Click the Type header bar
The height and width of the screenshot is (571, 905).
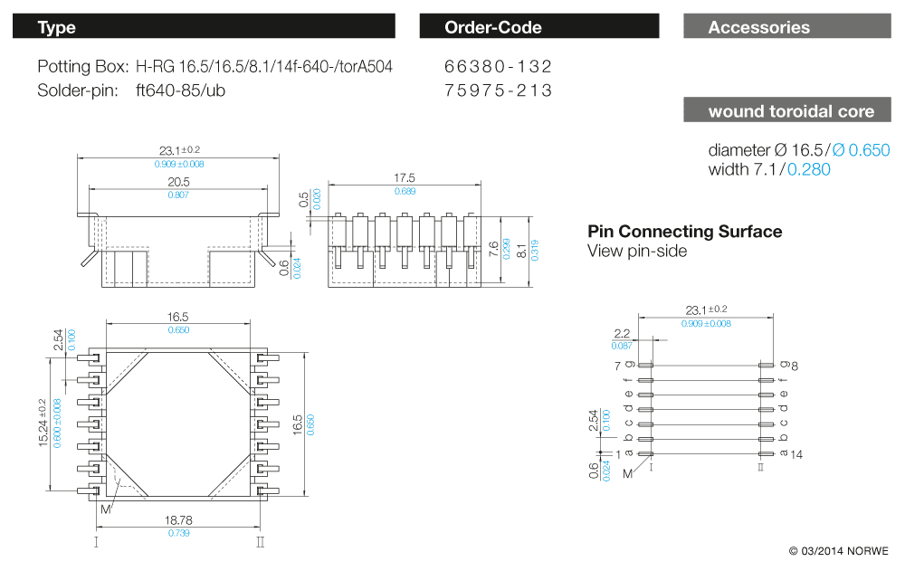click(204, 27)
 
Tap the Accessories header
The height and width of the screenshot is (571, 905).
click(786, 27)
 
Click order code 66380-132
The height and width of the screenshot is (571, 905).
click(499, 67)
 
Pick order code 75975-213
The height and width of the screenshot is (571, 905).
click(499, 90)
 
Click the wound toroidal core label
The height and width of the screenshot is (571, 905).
click(786, 111)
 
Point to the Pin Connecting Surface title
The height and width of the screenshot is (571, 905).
click(685, 232)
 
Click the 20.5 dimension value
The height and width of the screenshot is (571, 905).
click(178, 182)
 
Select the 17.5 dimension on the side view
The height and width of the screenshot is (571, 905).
click(405, 178)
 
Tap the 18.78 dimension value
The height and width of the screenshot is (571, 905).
click(177, 521)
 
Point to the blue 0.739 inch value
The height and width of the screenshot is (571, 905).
click(177, 534)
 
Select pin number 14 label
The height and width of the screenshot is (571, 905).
click(797, 454)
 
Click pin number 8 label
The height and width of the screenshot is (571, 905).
click(795, 366)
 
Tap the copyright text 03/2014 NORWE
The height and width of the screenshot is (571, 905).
click(839, 551)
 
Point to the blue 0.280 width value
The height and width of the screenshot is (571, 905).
click(808, 169)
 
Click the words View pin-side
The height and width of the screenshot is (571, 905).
click(637, 251)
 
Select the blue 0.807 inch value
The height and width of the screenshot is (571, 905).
click(178, 195)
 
